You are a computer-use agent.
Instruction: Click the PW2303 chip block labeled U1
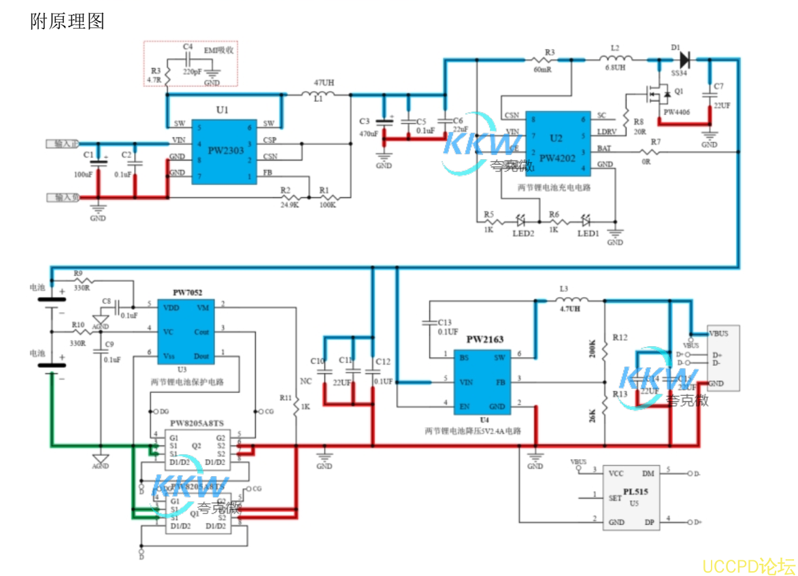point(223,150)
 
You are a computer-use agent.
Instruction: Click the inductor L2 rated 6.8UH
point(614,60)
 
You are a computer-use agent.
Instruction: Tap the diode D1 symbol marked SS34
point(684,59)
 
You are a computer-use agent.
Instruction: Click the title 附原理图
point(67,21)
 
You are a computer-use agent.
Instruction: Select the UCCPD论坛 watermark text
point(748,566)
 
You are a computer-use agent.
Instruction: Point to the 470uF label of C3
point(369,133)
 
